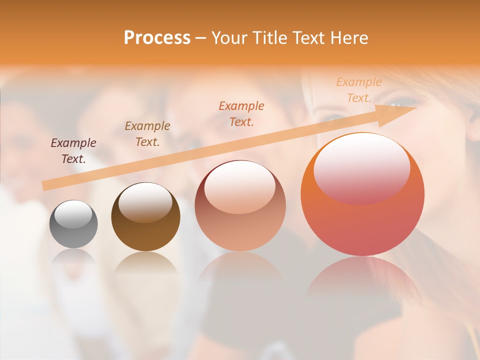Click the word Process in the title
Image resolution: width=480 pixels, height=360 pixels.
coord(157,37)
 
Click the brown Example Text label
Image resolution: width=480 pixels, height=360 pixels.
coord(147,134)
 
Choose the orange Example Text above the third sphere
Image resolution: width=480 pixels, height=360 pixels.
coord(241,113)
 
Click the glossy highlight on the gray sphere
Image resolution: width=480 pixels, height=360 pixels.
coord(73,214)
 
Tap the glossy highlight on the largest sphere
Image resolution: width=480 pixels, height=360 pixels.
coord(361,167)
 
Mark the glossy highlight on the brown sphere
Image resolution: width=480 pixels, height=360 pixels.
coord(145,201)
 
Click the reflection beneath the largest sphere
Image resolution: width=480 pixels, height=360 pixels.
coord(362,280)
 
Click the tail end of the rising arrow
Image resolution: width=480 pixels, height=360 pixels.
coord(46,186)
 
